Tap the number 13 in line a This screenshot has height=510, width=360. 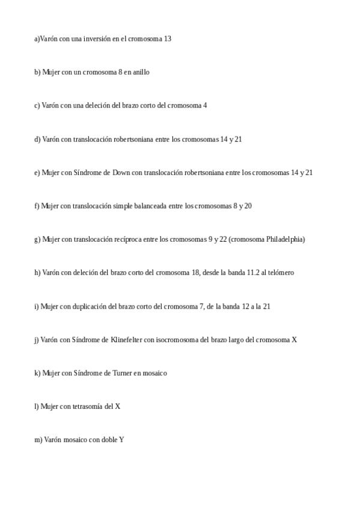[167, 38]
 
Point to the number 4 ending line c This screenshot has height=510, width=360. [205, 106]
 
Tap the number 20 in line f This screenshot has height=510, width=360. [248, 206]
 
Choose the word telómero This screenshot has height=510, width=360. [278, 272]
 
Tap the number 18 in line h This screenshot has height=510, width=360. [195, 272]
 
